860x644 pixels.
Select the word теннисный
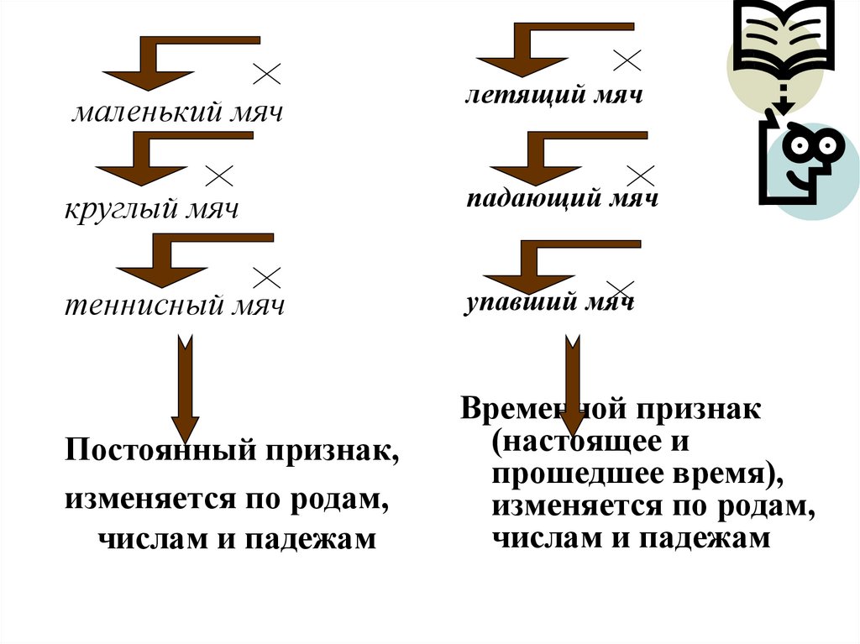tap(137, 306)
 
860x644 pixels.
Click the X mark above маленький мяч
tap(266, 74)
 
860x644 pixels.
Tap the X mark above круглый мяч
tap(219, 175)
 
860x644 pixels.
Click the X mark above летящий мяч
tap(627, 59)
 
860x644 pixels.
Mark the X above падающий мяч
tap(641, 175)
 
